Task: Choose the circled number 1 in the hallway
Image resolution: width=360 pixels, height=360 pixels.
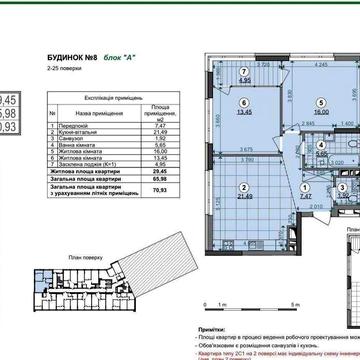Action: (307, 185)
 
